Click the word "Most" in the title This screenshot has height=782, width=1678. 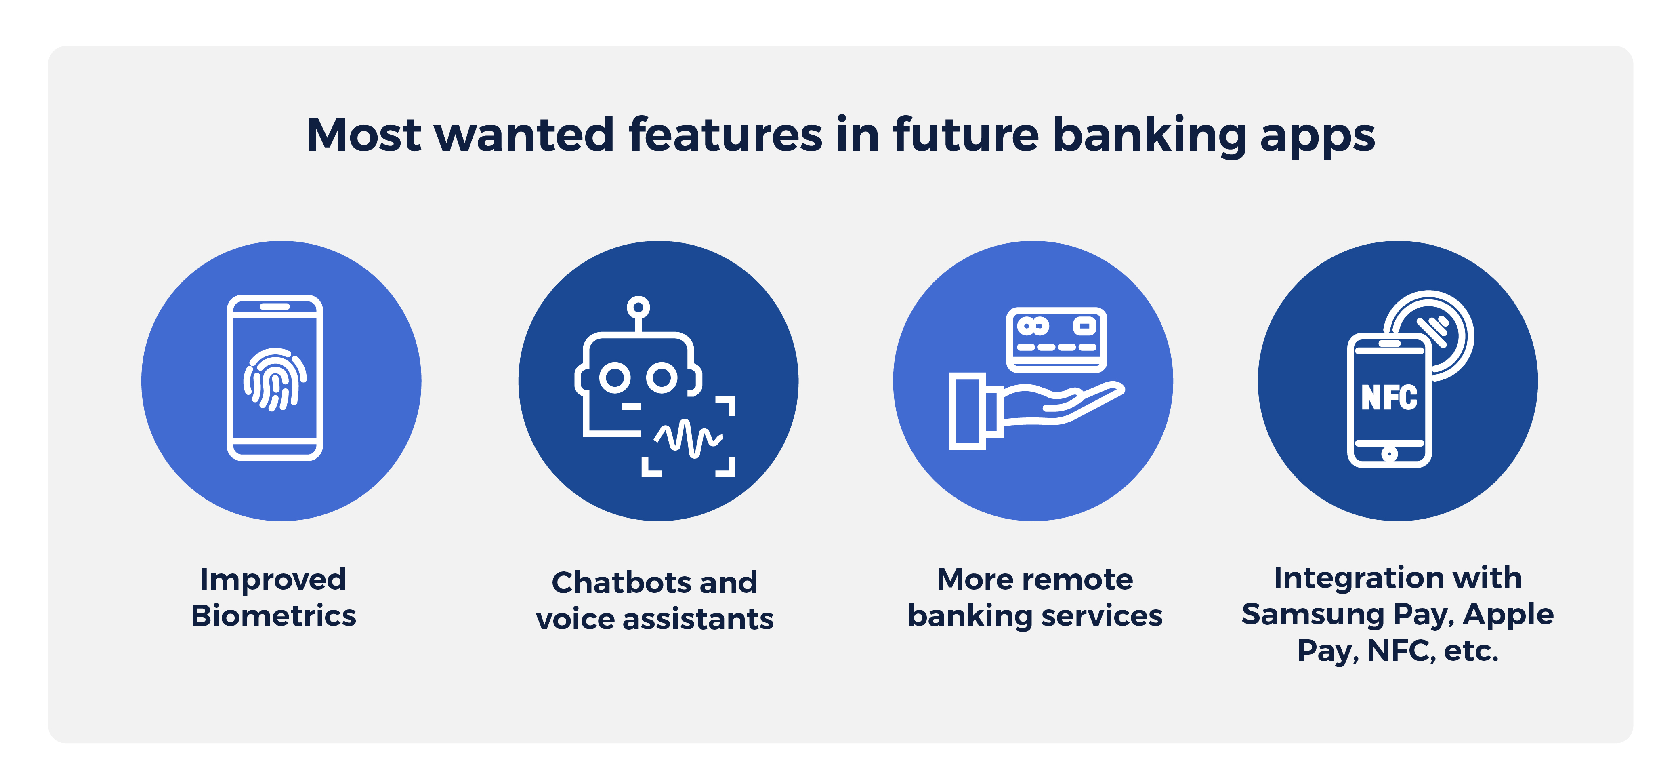[364, 135]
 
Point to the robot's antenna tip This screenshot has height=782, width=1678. [638, 306]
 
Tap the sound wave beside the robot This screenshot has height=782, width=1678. [688, 438]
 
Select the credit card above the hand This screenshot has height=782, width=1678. [1056, 339]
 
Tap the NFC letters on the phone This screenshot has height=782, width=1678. [1389, 398]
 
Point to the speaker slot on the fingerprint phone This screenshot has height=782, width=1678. [275, 306]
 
